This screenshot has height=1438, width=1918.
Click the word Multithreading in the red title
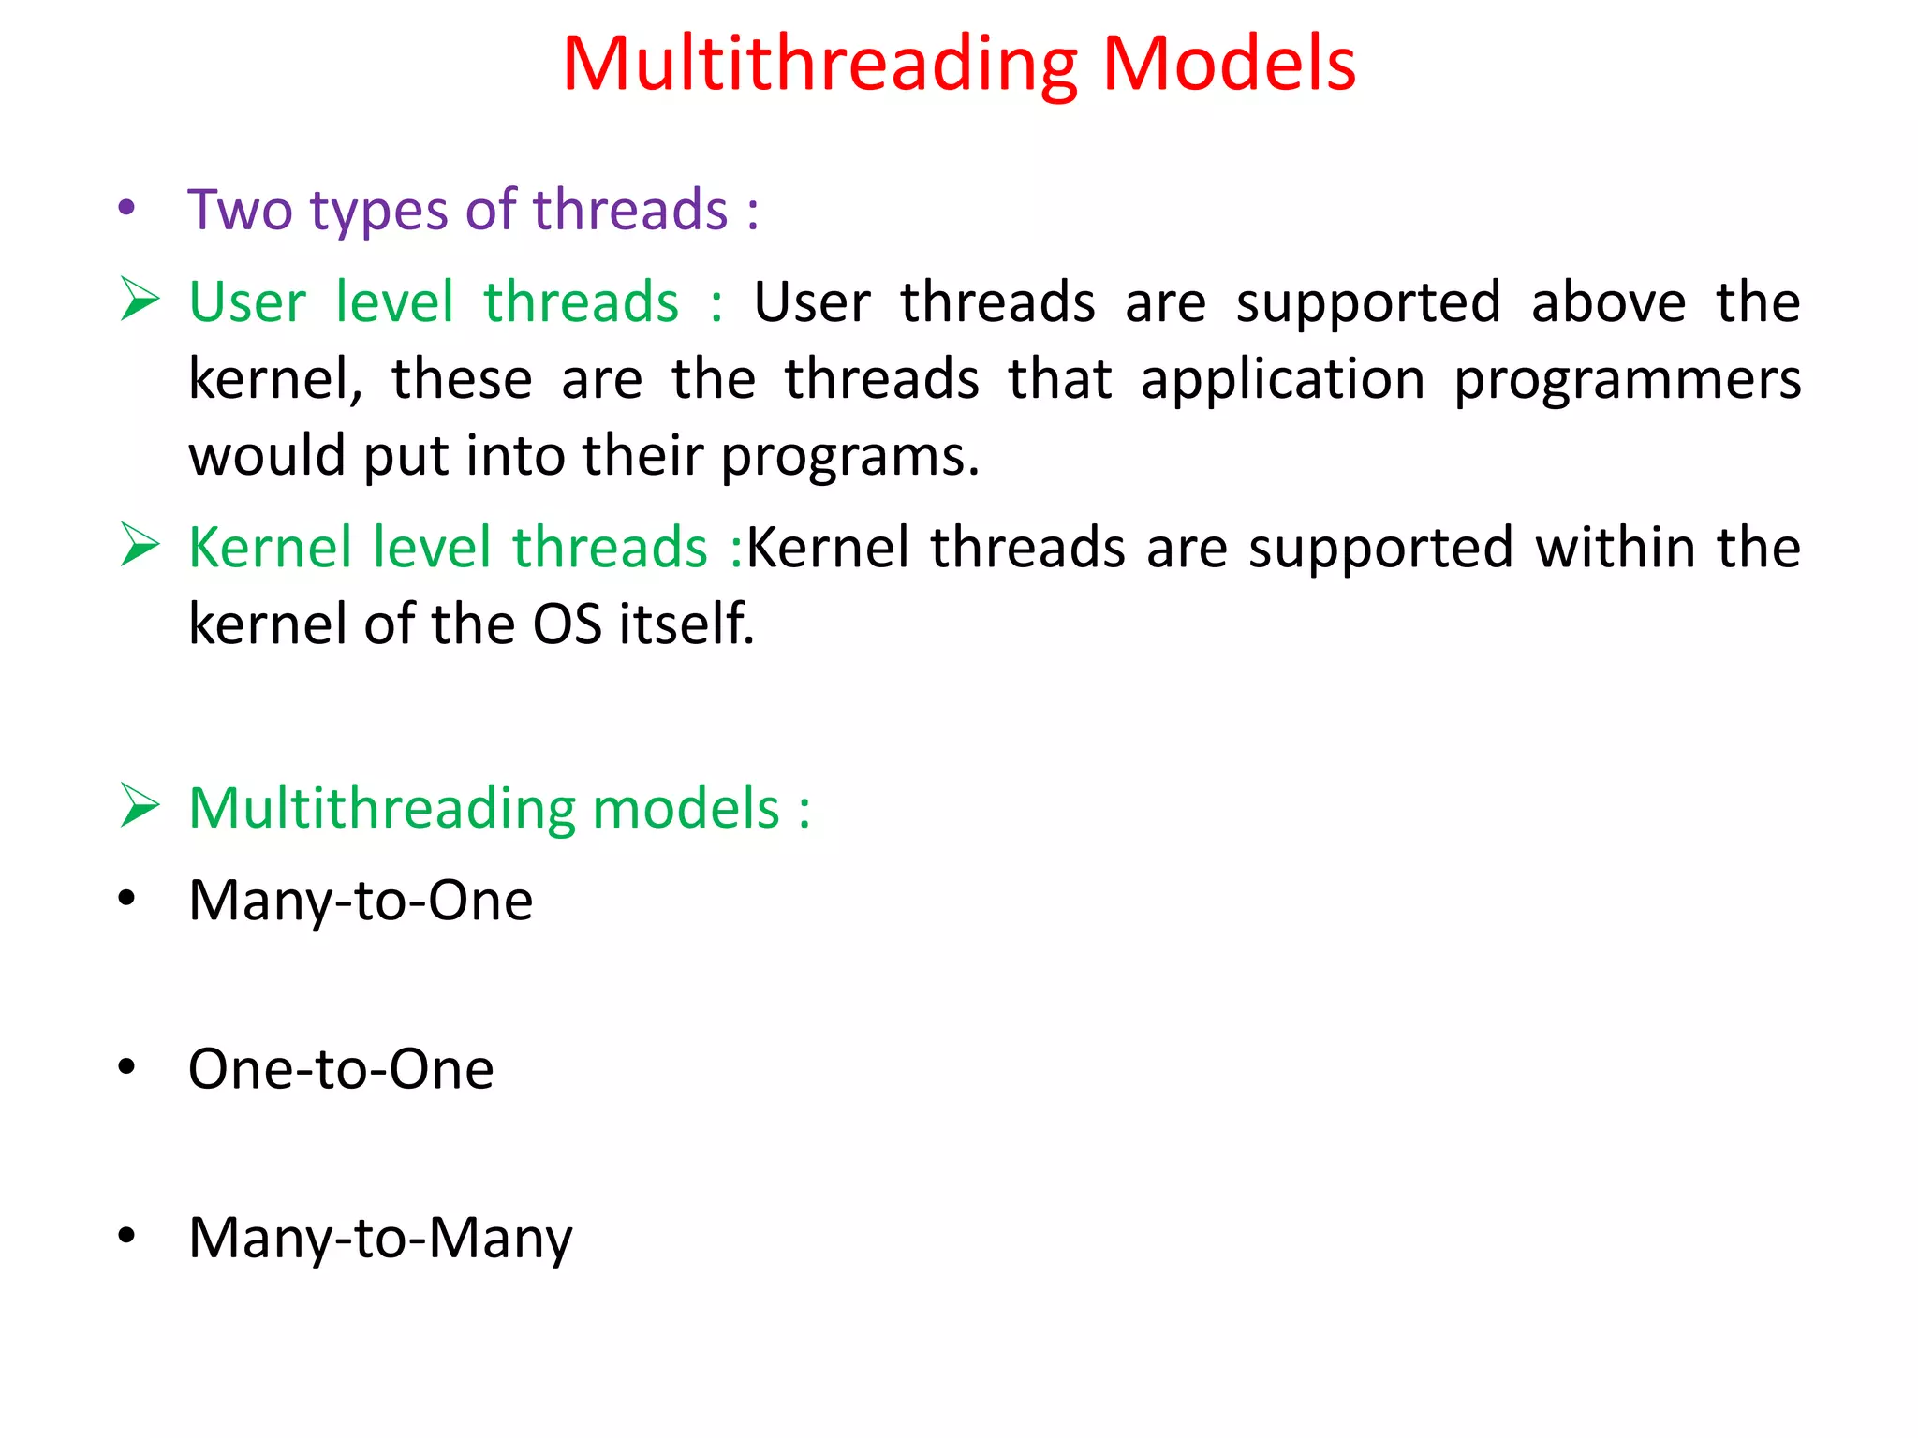point(820,66)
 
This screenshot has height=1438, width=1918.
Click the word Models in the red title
point(1229,66)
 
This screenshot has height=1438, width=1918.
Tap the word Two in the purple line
point(240,210)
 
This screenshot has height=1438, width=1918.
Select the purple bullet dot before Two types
point(126,209)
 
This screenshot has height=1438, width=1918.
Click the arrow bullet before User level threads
point(140,301)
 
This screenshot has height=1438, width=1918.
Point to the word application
point(1282,380)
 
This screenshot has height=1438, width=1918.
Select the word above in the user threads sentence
point(1608,302)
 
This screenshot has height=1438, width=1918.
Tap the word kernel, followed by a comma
point(275,380)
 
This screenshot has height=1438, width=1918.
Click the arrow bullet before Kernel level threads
point(140,546)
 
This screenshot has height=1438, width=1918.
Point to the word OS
point(567,624)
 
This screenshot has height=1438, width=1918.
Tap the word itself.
point(686,624)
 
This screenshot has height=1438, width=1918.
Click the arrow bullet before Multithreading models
point(140,806)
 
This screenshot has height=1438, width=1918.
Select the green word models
point(686,808)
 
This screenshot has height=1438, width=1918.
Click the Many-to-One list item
point(361,901)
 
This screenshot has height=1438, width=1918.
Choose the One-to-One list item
point(341,1069)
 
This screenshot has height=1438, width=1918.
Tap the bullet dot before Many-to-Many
point(126,1236)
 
